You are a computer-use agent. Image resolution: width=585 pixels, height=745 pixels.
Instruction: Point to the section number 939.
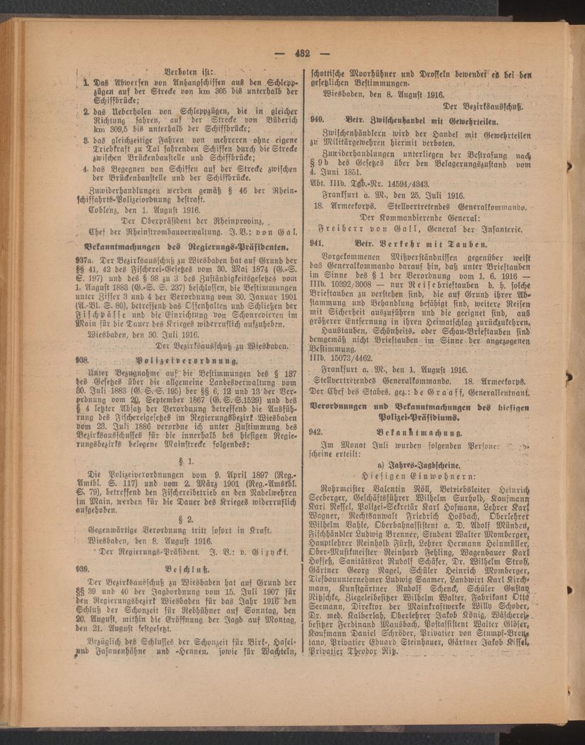(82, 568)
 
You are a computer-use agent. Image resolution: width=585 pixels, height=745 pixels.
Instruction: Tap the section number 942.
(317, 432)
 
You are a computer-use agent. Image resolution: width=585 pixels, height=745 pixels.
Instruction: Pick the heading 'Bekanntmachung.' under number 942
(420, 433)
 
